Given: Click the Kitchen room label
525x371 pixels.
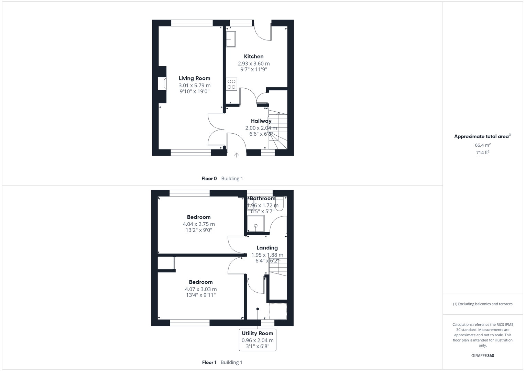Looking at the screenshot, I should [254, 57].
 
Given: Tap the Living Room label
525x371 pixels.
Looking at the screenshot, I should [194, 78].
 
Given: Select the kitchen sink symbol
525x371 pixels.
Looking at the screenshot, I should [231, 39].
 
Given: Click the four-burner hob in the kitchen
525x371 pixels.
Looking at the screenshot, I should [231, 84].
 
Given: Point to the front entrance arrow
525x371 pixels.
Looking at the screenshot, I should [237, 155].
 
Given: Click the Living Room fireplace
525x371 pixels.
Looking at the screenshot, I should [162, 84].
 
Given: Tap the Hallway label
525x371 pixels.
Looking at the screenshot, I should [261, 121].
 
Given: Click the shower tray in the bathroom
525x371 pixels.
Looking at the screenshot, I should [256, 224].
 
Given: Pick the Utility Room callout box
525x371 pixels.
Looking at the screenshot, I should [258, 340].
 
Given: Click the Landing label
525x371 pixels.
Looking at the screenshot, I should [267, 248].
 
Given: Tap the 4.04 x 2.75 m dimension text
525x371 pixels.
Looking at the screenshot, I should [199, 224].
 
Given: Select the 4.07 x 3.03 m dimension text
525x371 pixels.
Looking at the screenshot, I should [201, 289].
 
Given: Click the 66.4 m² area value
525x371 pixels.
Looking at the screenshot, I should [482, 145].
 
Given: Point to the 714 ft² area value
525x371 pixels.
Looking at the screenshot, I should [482, 153].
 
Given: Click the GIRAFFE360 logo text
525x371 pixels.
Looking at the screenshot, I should [482, 356].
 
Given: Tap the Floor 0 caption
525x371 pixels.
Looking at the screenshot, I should [209, 179].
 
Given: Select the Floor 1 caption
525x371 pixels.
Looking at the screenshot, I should [209, 362].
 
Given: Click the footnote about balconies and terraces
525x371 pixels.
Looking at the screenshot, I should [482, 304].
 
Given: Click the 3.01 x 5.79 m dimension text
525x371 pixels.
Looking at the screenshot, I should [194, 86].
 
